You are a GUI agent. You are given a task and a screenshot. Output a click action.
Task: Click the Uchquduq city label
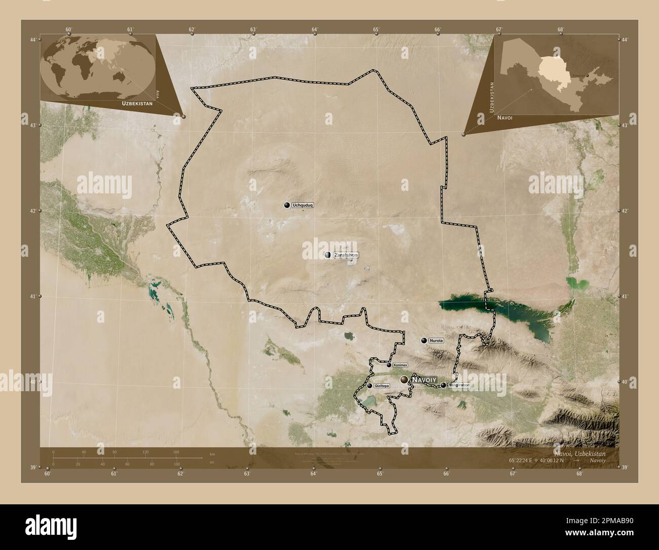click(x=303, y=205)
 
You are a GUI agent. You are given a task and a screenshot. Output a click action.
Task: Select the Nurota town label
click(x=436, y=341)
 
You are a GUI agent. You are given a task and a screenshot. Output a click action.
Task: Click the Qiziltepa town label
click(x=382, y=386)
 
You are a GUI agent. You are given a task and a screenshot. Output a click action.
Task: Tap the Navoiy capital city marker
click(x=404, y=380)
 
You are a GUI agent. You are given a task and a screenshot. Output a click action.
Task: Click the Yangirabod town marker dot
click(x=443, y=386)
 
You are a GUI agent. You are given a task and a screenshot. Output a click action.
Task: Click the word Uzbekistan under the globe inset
click(x=136, y=103)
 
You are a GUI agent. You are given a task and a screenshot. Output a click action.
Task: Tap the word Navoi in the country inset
click(x=505, y=118)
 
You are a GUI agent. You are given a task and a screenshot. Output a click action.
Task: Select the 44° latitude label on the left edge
click(x=32, y=40)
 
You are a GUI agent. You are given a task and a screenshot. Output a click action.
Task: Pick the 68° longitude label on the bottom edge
click(x=579, y=474)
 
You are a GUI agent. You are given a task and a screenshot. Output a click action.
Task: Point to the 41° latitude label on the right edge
click(x=625, y=296)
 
